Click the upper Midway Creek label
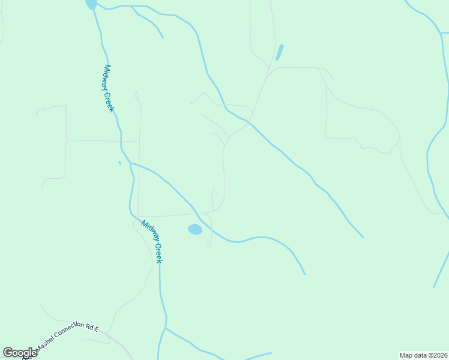(109, 88)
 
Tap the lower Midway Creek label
(152, 241)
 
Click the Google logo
(20, 353)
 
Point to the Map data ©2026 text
(423, 355)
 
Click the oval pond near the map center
(194, 229)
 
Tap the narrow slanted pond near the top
(279, 52)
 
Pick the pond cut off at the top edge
(91, 4)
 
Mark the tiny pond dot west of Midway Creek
(120, 162)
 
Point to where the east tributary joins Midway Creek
(130, 163)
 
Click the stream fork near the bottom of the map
(166, 328)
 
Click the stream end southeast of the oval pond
(304, 274)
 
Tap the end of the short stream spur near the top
(163, 37)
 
